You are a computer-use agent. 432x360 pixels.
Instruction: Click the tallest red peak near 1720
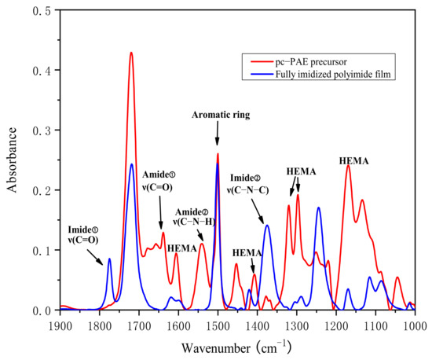pyautogui.click(x=131, y=53)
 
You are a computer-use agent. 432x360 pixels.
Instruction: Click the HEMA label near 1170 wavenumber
pyautogui.click(x=355, y=161)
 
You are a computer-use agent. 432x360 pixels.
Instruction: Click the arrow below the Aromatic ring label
pyautogui.click(x=218, y=134)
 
